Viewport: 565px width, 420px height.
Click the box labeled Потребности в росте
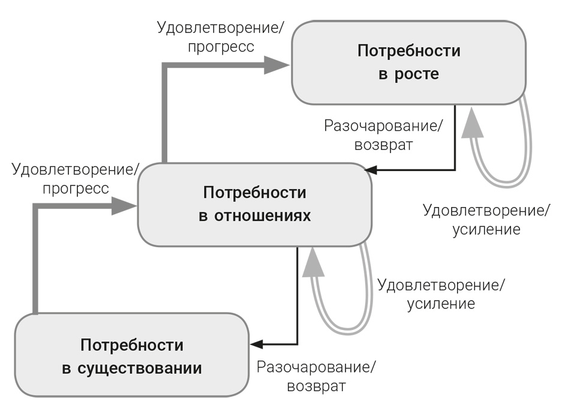(408, 62)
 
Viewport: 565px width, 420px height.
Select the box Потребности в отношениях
(254, 204)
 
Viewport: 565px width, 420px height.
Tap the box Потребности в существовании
(131, 355)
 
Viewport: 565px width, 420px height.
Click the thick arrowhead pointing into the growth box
(278, 65)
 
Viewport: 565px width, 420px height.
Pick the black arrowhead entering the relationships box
(371, 170)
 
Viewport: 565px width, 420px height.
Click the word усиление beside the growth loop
(486, 229)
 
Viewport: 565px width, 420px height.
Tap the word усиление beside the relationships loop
(441, 304)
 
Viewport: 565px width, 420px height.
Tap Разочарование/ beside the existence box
(318, 367)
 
